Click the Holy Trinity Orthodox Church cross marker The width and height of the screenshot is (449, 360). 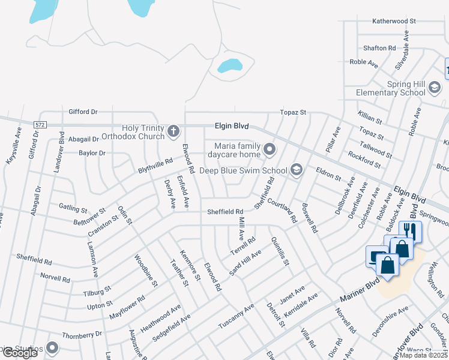click(173, 131)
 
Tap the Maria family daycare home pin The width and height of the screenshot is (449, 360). click(270, 149)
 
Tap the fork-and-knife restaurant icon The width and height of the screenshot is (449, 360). click(411, 230)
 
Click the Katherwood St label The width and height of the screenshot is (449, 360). click(394, 21)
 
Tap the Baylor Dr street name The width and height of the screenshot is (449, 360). click(92, 153)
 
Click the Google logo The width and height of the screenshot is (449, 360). click(20, 353)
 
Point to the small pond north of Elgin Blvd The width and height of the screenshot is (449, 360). click(229, 65)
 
